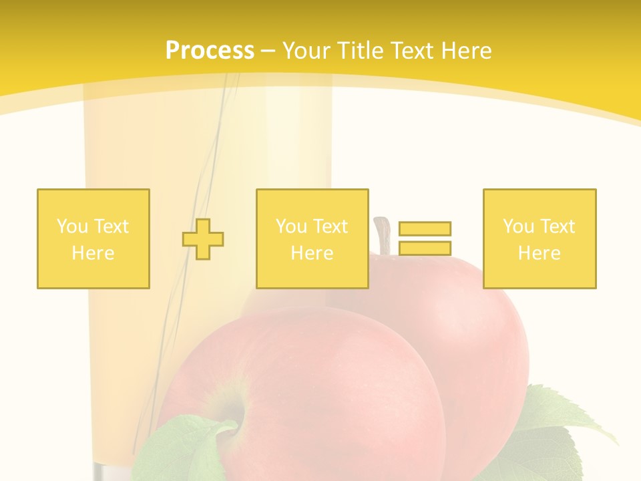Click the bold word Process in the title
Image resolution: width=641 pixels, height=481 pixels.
coord(210,51)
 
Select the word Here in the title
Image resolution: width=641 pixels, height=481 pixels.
coord(465,51)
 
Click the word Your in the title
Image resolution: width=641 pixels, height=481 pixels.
coord(305,51)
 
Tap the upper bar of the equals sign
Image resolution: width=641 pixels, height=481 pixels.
coord(425,228)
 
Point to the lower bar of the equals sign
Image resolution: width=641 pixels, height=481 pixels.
coord(425,248)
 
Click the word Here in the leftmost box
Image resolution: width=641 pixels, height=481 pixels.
coord(93,253)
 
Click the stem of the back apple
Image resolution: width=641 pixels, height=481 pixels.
coord(383,234)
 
